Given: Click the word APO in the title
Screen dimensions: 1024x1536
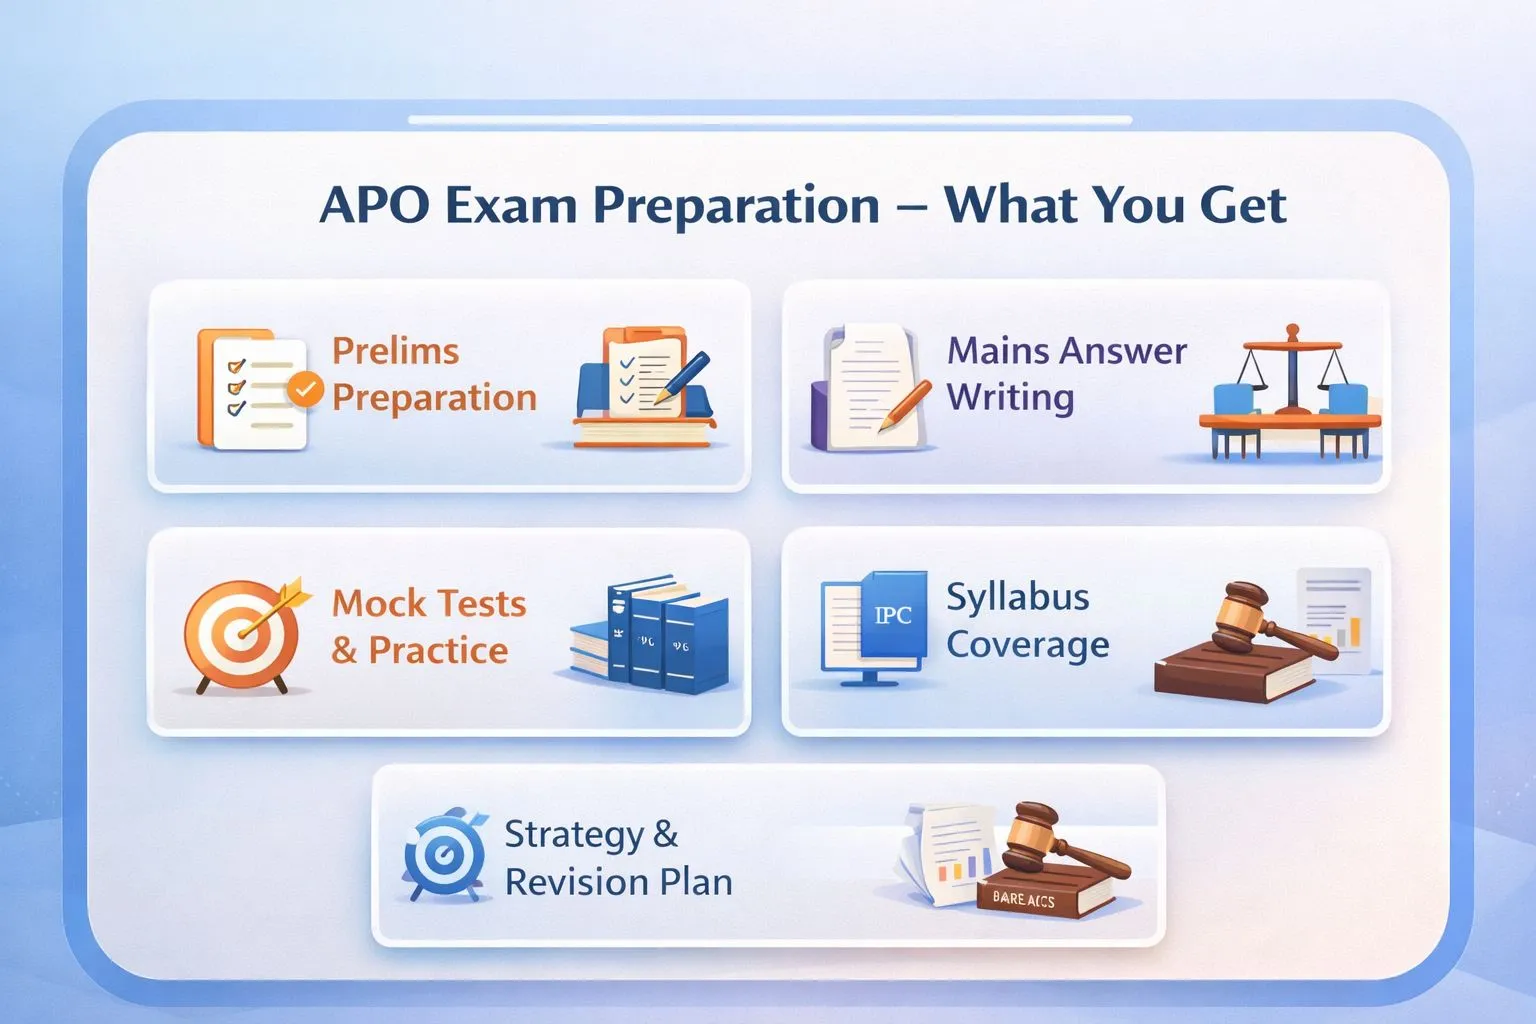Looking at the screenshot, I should tap(374, 205).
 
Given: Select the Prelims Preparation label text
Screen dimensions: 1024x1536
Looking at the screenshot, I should tap(434, 374).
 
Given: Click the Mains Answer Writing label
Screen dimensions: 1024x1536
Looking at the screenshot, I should tap(1066, 374).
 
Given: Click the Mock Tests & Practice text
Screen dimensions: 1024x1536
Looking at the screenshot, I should tap(429, 627).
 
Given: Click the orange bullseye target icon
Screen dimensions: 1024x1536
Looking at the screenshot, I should tap(241, 635).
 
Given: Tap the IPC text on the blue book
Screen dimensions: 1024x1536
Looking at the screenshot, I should tap(893, 615).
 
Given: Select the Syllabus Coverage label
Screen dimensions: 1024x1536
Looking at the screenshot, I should tap(1027, 620).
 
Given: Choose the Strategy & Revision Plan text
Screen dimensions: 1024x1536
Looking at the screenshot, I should tap(618, 858).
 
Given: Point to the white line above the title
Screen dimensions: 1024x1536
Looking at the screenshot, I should tap(770, 120).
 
